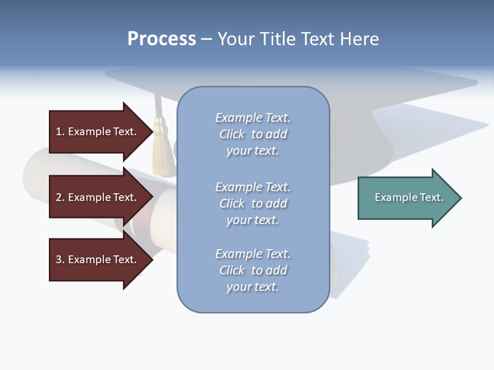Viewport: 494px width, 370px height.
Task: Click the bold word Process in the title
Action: tap(162, 39)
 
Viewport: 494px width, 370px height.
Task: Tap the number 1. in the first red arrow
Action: tap(60, 132)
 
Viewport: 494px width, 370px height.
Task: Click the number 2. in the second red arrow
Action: tap(60, 197)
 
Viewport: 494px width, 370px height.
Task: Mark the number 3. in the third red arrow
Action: tap(60, 260)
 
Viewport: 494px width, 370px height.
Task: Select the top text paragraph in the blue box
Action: tap(253, 134)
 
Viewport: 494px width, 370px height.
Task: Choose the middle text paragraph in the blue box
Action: tap(253, 203)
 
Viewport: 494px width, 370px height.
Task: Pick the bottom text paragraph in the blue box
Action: tap(253, 270)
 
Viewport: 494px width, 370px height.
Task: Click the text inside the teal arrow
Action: tap(409, 197)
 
